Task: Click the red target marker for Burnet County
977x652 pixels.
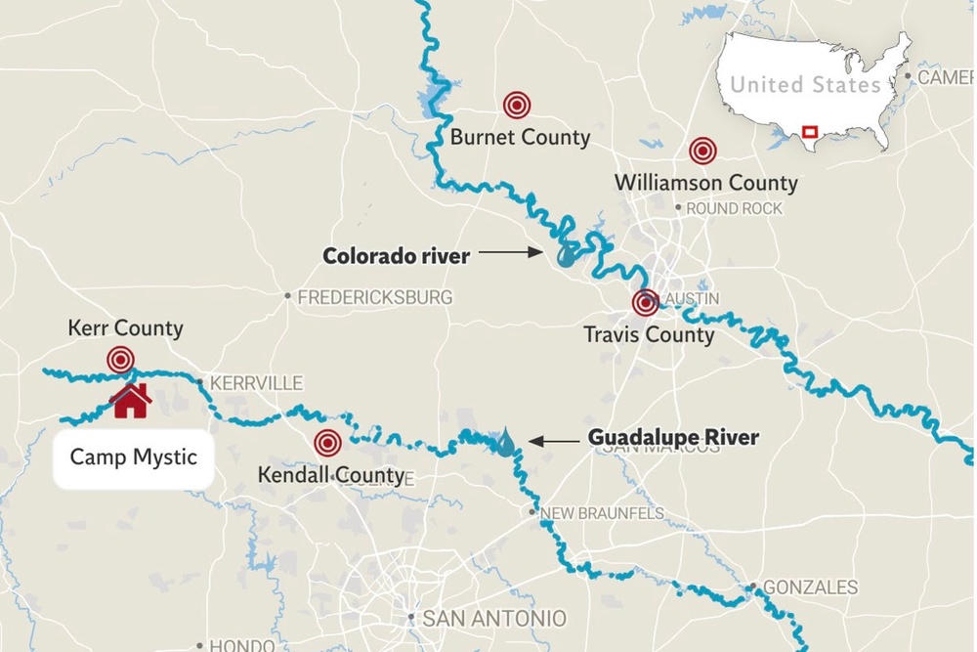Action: point(517,105)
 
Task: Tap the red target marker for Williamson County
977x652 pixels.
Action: point(701,151)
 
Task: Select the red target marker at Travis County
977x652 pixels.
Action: point(645,303)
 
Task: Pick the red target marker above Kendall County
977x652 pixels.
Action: point(328,443)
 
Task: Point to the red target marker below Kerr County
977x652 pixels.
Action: point(120,360)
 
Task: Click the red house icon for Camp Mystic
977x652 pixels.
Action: point(131,400)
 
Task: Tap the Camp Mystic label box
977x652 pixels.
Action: point(133,457)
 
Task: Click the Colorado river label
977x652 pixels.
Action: point(396,256)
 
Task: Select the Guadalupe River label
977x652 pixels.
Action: point(673,438)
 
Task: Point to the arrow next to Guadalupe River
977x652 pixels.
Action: point(553,442)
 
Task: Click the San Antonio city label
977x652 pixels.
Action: point(493,618)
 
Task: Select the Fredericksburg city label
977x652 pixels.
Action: point(375,296)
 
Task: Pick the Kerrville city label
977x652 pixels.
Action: point(257,384)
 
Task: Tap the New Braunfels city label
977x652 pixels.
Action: point(602,513)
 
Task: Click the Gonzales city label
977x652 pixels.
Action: point(810,587)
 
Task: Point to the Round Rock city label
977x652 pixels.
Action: point(734,208)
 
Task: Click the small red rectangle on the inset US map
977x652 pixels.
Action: point(809,131)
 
